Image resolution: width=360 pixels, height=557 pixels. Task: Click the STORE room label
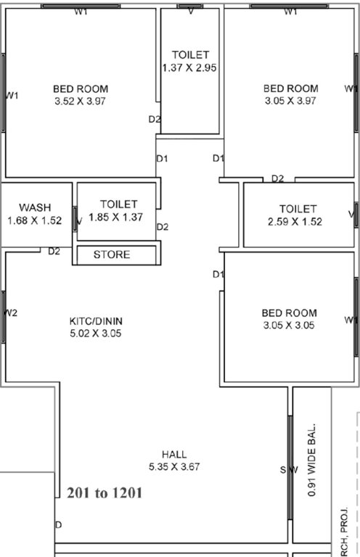pos(112,255)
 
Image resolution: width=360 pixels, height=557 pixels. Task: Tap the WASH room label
pos(35,207)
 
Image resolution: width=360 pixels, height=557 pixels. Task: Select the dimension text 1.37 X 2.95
pos(190,67)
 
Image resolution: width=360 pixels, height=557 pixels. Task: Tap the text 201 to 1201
pos(104,493)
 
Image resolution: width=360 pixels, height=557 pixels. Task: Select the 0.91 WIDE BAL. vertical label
pos(313,460)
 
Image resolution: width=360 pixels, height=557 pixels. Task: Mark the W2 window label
pos(11,313)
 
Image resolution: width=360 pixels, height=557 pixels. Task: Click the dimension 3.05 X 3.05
pos(289,326)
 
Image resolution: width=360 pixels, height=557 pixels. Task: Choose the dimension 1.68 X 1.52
pos(35,220)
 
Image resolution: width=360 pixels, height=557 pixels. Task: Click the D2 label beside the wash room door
pos(54,252)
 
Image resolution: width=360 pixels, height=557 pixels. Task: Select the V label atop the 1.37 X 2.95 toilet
pos(190,12)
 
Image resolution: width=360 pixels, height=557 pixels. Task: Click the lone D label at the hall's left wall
pos(58,524)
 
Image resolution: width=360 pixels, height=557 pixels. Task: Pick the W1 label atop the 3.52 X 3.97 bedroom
pos(81,12)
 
